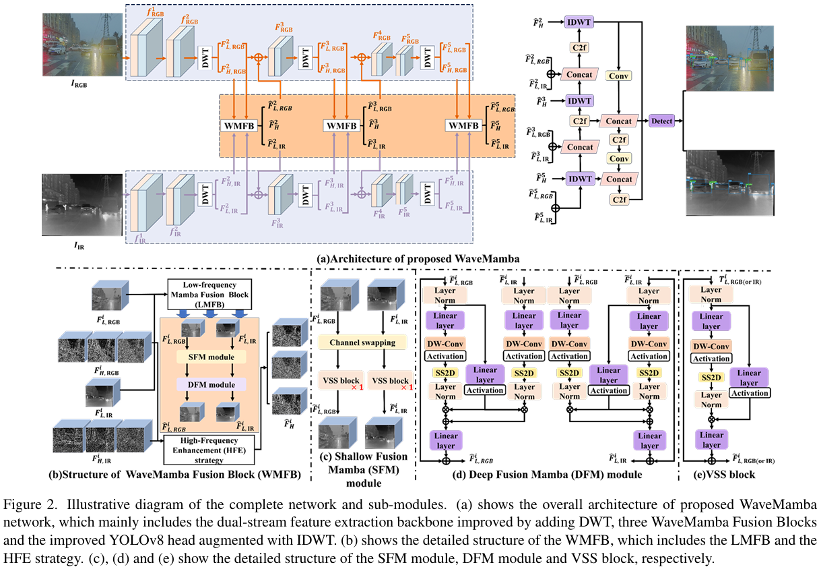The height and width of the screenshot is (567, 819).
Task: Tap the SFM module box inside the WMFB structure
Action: (205, 357)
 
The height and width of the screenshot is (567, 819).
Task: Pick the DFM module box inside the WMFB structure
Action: (205, 384)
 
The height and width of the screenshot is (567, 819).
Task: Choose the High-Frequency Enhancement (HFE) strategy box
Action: (211, 448)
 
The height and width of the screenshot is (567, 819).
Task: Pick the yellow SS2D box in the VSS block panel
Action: (711, 378)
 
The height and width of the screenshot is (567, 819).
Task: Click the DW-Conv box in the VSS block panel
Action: (711, 346)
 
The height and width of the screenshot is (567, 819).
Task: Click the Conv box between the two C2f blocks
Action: (618, 159)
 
